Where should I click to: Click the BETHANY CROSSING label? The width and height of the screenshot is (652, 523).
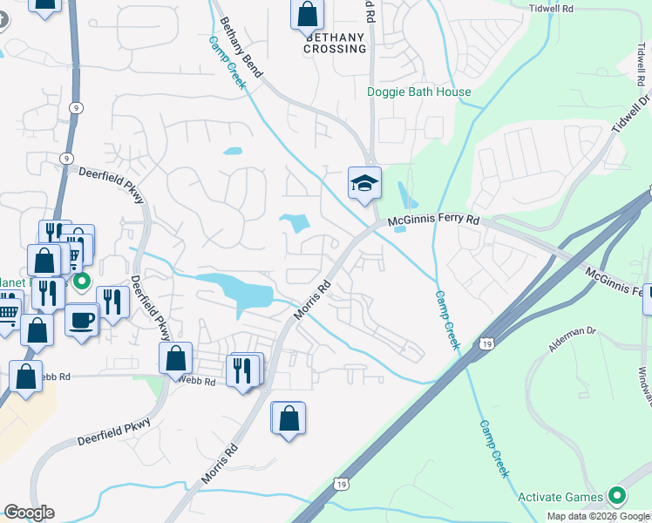pyautogui.click(x=335, y=44)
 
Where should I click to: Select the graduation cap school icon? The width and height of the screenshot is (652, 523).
pyautogui.click(x=364, y=182)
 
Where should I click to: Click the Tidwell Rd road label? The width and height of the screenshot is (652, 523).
pyautogui.click(x=551, y=8)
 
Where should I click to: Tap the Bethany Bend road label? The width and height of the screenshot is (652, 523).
pyautogui.click(x=241, y=46)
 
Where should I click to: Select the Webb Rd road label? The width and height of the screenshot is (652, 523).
pyautogui.click(x=197, y=380)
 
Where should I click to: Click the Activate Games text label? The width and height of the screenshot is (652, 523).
pyautogui.click(x=560, y=498)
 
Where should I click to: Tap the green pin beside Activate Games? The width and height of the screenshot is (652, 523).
pyautogui.click(x=618, y=497)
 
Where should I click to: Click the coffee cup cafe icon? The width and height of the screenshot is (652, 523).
pyautogui.click(x=82, y=320)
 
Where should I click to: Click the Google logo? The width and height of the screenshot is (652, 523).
pyautogui.click(x=29, y=513)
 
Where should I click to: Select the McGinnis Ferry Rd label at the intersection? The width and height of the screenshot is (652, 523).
pyautogui.click(x=435, y=221)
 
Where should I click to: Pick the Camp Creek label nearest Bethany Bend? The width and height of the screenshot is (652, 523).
pyautogui.click(x=227, y=63)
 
